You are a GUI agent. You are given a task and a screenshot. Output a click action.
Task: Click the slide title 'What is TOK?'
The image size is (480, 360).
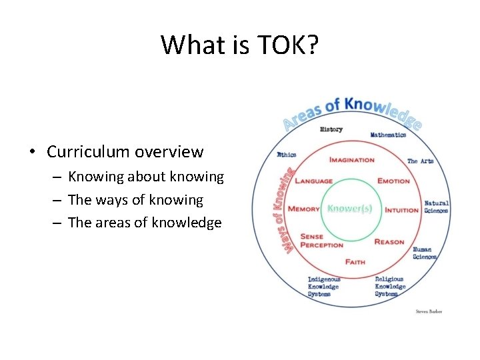pyautogui.click(x=240, y=45)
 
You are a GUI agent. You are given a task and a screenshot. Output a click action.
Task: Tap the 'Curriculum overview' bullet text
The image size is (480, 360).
pyautogui.click(x=125, y=152)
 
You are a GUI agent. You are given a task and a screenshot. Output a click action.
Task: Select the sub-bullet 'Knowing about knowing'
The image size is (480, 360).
pyautogui.click(x=146, y=177)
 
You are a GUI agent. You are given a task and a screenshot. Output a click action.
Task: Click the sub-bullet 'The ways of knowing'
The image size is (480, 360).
pyautogui.click(x=135, y=200)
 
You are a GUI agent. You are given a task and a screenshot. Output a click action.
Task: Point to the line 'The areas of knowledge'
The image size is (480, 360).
pyautogui.click(x=145, y=223)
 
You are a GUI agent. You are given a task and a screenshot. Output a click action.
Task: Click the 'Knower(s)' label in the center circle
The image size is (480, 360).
pyautogui.click(x=350, y=208)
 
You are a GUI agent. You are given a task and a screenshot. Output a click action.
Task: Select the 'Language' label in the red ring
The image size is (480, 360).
pyautogui.click(x=313, y=181)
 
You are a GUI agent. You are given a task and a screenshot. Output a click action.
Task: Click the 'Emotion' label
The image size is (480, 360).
pyautogui.click(x=393, y=181)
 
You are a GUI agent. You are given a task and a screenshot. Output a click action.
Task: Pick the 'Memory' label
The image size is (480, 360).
pyautogui.click(x=304, y=209)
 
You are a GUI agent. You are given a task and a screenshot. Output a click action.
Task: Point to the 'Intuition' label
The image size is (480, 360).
pyautogui.click(x=401, y=210)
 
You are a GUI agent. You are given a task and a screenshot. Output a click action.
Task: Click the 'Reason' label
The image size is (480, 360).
pyautogui.click(x=389, y=242)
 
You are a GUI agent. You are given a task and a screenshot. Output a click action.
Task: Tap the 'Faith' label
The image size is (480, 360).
pyautogui.click(x=355, y=262)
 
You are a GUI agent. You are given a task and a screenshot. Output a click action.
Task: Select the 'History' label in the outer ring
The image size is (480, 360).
pyautogui.click(x=331, y=129)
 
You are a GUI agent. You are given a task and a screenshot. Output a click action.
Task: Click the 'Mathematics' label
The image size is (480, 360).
pyautogui.click(x=388, y=135)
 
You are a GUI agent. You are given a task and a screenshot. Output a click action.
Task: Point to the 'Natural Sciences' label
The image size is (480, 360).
pyautogui.click(x=437, y=207)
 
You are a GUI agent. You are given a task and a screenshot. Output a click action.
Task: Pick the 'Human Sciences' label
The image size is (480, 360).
pyautogui.click(x=425, y=253)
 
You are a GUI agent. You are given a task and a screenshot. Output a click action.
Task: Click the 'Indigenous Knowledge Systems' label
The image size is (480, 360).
pyautogui.click(x=323, y=287)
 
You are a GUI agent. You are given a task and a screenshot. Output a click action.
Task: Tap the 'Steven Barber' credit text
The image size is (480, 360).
pyautogui.click(x=429, y=311)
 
